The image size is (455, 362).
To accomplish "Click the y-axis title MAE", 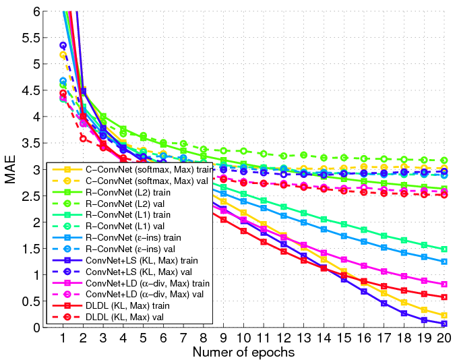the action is (10, 169).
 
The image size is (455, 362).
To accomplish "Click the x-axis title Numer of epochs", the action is (243, 352).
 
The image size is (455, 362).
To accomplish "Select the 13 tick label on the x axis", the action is (303, 338).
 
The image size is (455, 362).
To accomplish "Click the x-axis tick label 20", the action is (444, 338).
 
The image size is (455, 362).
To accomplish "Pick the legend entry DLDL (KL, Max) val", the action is (125, 317).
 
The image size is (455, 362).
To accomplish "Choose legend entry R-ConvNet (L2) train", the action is (128, 193).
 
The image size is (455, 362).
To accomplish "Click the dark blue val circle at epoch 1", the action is (63, 45).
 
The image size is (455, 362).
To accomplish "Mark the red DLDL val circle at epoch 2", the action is (83, 139).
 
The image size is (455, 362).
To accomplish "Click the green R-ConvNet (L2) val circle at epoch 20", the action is (444, 160).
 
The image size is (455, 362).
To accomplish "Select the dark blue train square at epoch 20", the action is (444, 324).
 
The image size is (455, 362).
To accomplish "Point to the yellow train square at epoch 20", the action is (444, 315).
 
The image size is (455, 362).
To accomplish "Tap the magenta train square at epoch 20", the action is (444, 284).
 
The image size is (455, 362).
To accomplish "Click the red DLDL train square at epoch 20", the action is (444, 297).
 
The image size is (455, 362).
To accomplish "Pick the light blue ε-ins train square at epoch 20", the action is (444, 262).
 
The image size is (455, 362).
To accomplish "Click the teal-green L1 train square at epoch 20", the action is (444, 249).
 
